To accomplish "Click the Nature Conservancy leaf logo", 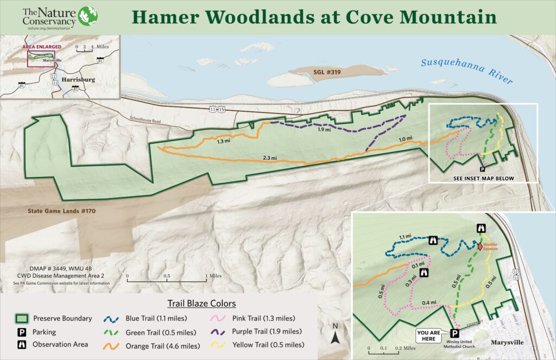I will coord(88,16).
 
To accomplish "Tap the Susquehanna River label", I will coord(466,71).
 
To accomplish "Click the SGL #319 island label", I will coord(319,72).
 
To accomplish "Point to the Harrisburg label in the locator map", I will coord(78,79).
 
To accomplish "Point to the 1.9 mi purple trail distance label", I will coord(324,129).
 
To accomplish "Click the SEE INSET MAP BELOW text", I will coord(483,178).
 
